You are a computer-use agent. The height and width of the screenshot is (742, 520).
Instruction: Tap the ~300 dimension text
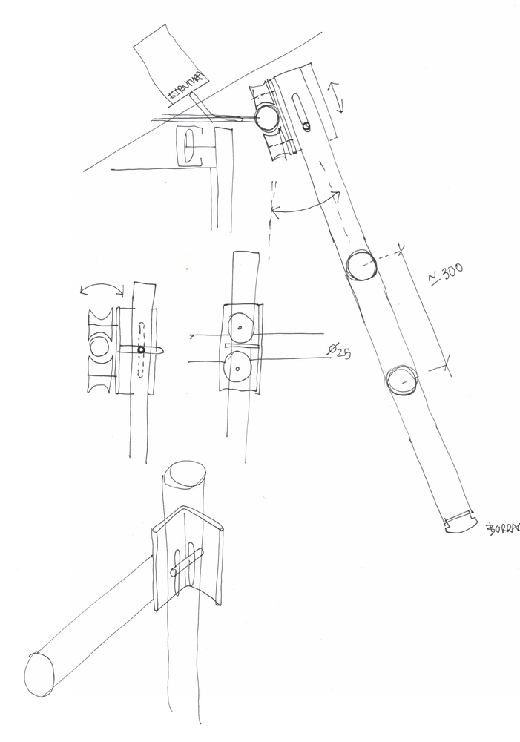446,275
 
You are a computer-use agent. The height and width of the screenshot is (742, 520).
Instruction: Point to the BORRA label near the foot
502,528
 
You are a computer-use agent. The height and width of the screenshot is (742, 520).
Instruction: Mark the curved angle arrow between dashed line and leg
305,207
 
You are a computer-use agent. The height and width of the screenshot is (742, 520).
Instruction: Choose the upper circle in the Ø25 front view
240,325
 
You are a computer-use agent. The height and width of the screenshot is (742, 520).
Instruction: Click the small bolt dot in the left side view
141,350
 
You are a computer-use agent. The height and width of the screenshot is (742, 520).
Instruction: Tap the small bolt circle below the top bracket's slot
306,127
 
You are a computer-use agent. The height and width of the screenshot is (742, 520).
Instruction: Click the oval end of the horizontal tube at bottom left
39,674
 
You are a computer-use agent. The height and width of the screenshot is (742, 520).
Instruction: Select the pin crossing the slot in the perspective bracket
187,562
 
